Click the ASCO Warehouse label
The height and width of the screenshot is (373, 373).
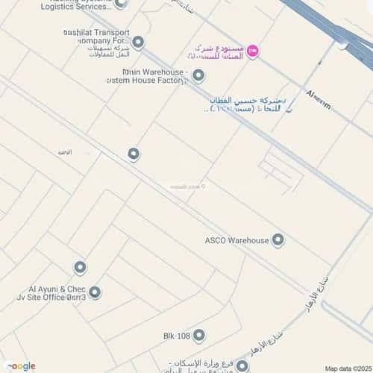(x=236, y=240)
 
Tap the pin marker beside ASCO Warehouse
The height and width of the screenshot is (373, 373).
(x=278, y=239)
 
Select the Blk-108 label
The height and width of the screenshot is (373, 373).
(x=176, y=336)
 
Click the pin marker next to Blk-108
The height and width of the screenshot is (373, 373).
(x=198, y=336)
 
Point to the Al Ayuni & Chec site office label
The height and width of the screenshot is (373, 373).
(x=57, y=292)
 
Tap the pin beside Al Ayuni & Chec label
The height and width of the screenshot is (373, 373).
(x=95, y=292)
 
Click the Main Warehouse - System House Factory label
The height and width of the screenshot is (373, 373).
(x=155, y=76)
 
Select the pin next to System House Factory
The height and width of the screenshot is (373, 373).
(x=198, y=75)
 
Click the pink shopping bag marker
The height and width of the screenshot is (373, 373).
(x=253, y=51)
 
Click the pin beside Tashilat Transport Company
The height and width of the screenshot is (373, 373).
(x=137, y=42)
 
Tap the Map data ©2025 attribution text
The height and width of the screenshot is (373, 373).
(x=347, y=368)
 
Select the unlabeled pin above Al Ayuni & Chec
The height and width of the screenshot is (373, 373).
(x=80, y=267)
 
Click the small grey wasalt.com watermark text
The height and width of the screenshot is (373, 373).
(x=184, y=187)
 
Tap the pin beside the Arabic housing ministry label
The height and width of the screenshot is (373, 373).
(x=242, y=366)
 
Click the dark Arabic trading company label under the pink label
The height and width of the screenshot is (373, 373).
(x=246, y=104)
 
